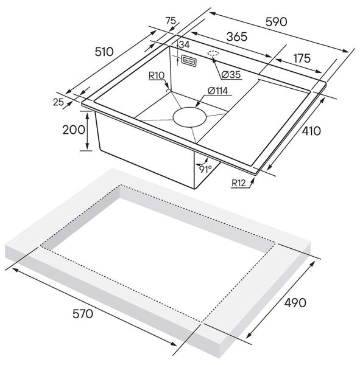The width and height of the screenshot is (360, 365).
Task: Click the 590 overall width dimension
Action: (x=276, y=22)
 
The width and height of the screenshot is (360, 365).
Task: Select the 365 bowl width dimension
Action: (x=237, y=36)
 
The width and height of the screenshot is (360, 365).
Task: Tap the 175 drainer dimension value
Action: (x=302, y=58)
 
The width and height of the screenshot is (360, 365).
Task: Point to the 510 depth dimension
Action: (x=104, y=52)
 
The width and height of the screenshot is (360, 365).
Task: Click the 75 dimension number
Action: (x=171, y=21)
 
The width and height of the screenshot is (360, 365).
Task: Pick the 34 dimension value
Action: (x=185, y=44)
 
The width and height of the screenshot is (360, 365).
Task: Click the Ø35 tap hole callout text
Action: (x=231, y=74)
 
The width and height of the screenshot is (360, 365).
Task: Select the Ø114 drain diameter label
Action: (x=217, y=91)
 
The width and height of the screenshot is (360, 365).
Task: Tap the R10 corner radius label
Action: (x=157, y=75)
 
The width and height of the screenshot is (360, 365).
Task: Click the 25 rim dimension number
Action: (x=58, y=102)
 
